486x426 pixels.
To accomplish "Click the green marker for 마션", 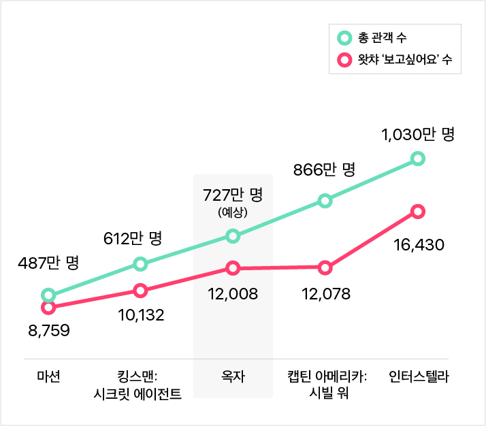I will [x=48, y=295].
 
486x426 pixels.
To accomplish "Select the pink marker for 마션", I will [x=48, y=308].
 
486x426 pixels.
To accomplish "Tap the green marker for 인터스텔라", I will [x=418, y=159].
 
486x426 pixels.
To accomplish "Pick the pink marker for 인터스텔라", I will [x=418, y=212].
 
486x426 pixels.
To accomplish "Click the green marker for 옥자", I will [x=233, y=236].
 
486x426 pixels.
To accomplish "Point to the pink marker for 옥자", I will [x=233, y=268].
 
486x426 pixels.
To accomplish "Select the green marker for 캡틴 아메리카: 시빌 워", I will [x=325, y=201].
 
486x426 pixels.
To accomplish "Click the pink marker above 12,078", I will [x=325, y=267].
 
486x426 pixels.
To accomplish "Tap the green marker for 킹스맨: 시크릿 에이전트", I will [x=140, y=263].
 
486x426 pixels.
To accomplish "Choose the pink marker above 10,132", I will [x=140, y=291].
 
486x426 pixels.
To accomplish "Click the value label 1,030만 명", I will [x=418, y=135].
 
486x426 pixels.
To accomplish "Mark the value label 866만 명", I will [x=325, y=169].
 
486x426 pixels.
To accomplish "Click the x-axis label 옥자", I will [x=233, y=376].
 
